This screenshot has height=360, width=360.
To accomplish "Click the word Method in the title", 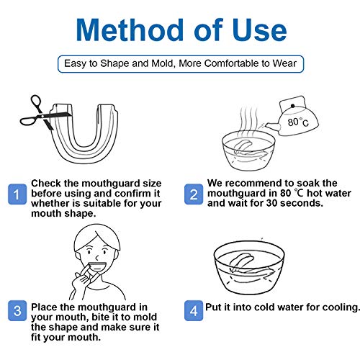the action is point(130,30).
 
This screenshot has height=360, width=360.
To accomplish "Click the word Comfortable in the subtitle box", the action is point(232,63).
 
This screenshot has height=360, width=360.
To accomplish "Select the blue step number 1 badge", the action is point(17,194).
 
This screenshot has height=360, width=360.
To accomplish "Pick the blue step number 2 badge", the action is point(194,194).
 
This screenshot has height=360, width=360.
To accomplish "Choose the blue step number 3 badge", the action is point(17,311).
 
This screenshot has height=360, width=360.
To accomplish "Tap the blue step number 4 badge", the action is point(194,311).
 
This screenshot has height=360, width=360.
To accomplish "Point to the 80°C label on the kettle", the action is point(298,122).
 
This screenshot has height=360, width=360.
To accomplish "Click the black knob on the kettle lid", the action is point(292,106).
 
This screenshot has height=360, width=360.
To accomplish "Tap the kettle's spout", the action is point(272,127).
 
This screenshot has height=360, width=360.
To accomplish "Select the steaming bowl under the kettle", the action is point(248,150).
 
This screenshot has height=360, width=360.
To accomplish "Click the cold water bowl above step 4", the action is point(249,268).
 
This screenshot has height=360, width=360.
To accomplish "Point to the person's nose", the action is point(96,258).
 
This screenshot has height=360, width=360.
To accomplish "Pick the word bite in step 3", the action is point(101,317).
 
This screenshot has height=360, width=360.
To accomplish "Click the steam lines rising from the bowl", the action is point(249,120).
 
